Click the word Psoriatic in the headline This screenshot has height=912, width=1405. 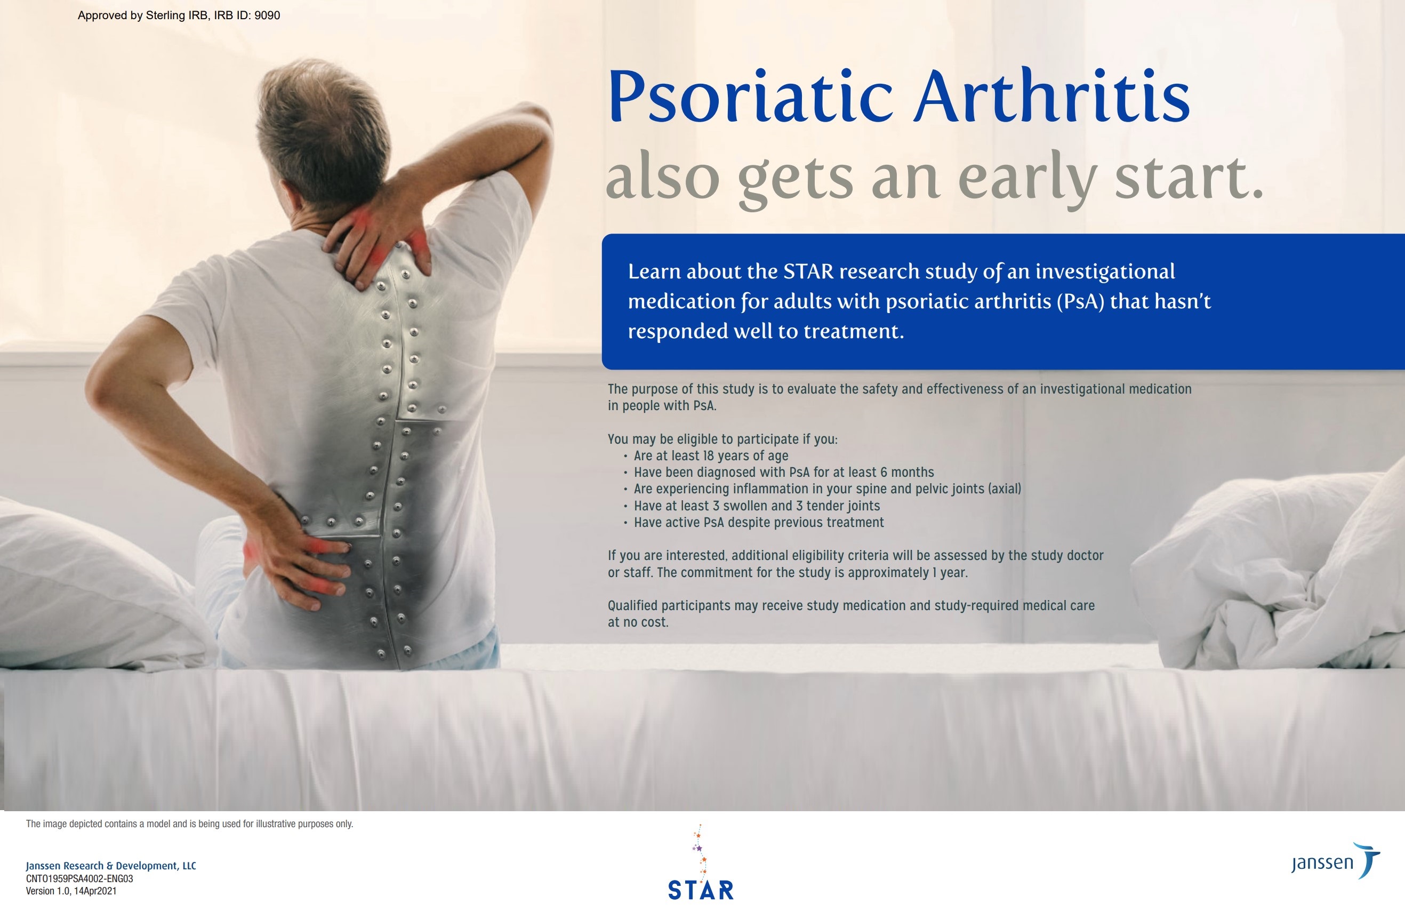(x=750, y=98)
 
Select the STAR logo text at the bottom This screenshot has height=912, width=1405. (x=701, y=890)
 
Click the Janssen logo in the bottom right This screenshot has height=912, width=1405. (x=1336, y=861)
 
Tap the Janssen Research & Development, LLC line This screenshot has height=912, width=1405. (x=111, y=866)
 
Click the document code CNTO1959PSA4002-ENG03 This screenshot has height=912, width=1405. (x=79, y=878)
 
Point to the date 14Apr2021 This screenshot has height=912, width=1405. (x=95, y=891)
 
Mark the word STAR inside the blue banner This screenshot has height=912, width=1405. (x=808, y=271)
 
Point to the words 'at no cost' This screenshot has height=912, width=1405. (x=638, y=622)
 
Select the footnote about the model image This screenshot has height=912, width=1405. (x=189, y=824)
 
